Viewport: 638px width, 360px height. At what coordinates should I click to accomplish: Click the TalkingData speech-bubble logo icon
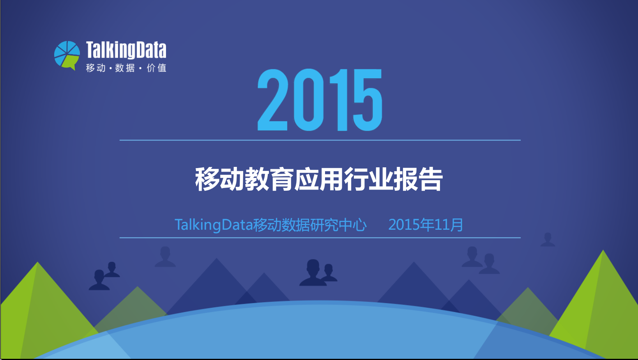(67, 55)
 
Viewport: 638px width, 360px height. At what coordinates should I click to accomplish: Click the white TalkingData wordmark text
(126, 50)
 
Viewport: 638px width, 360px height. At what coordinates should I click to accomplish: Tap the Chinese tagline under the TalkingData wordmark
(126, 68)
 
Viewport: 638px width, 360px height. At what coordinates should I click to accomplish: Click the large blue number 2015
(320, 100)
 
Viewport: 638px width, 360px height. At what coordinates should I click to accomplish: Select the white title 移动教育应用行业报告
(319, 179)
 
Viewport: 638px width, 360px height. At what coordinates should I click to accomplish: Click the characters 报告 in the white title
(418, 179)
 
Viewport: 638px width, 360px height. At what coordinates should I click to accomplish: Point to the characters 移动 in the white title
(219, 179)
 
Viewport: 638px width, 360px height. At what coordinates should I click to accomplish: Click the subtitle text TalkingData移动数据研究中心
(270, 225)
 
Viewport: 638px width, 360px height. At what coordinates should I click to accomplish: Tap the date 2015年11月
(426, 225)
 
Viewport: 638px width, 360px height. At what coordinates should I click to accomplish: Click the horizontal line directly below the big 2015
(320, 140)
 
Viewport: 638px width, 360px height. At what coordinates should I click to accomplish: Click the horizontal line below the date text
(320, 238)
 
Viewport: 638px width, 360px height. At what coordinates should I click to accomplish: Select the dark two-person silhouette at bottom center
(318, 273)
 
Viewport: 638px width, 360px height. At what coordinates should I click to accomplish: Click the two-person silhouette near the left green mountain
(104, 276)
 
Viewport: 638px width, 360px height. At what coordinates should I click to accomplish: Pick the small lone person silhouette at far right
(548, 239)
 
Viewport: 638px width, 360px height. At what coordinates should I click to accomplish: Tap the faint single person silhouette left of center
(165, 257)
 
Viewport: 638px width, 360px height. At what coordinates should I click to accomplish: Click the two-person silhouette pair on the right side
(481, 260)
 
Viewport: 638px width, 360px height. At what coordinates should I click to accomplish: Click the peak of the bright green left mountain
(37, 262)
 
